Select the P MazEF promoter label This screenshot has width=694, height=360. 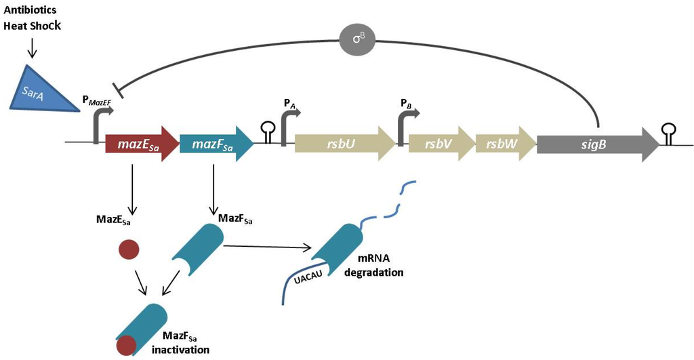click(99, 100)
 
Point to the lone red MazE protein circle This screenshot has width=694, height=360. click(129, 250)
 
